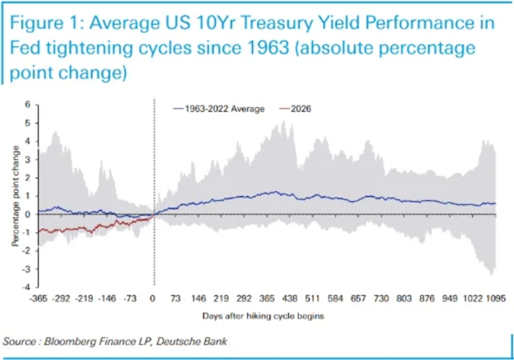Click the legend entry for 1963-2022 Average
coord(218,109)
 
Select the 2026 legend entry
coord(295,109)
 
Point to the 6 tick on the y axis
coord(27,105)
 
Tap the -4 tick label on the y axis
coord(26,287)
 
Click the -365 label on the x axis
coord(39,298)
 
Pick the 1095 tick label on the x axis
coord(496,298)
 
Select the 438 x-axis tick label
coord(290,298)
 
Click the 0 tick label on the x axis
coord(152,298)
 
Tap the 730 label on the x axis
coord(381,298)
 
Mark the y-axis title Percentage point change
coord(16,196)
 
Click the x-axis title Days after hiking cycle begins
coord(264,316)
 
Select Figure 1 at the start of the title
coord(46,24)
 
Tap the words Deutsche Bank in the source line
coord(192,341)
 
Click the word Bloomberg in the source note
coord(71,341)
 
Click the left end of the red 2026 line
coord(39,232)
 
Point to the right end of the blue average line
coord(496,203)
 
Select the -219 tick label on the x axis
coord(84,298)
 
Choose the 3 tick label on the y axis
coord(27,160)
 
